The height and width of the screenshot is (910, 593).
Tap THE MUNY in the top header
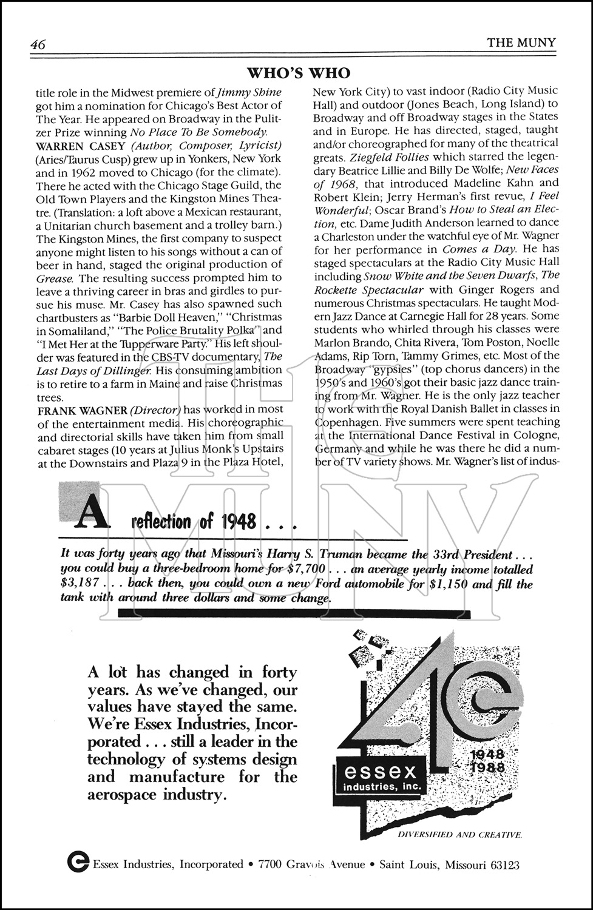pyautogui.click(x=521, y=42)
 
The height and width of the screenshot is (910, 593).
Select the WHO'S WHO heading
pyautogui.click(x=299, y=73)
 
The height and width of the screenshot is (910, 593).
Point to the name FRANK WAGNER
pyautogui.click(x=72, y=409)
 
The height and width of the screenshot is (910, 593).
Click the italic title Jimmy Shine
pyautogui.click(x=249, y=93)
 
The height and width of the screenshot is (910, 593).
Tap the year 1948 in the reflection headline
pyautogui.click(x=239, y=522)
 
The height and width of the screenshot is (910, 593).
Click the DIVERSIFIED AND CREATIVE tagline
pyautogui.click(x=459, y=835)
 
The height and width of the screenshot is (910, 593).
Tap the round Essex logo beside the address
pyautogui.click(x=78, y=864)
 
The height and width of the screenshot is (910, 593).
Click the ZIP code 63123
pyautogui.click(x=503, y=864)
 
